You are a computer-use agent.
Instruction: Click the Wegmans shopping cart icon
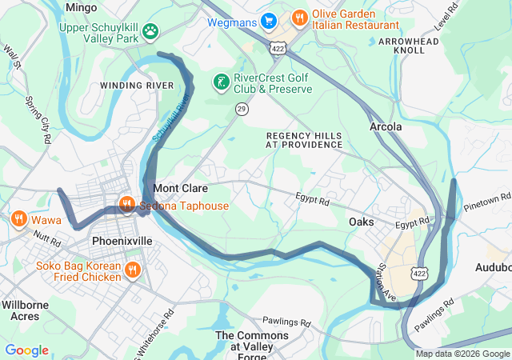point(270,21)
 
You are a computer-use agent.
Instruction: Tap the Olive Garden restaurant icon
point(299,17)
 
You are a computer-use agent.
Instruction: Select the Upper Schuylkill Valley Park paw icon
point(150,31)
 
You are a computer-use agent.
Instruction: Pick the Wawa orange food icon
point(18,218)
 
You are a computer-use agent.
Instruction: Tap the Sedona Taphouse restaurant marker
point(126,206)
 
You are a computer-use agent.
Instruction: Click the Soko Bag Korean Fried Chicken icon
point(133,272)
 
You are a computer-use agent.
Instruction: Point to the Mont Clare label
point(180,189)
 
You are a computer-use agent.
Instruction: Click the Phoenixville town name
point(122,240)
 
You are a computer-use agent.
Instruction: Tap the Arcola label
point(386,127)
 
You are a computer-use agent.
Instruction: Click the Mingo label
point(82,7)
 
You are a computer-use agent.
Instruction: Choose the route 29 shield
point(241,108)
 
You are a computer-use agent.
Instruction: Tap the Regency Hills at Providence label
point(304,140)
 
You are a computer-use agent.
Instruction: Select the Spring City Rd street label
point(38,119)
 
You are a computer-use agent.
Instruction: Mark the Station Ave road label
point(387,282)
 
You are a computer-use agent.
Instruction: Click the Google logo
point(26,350)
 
